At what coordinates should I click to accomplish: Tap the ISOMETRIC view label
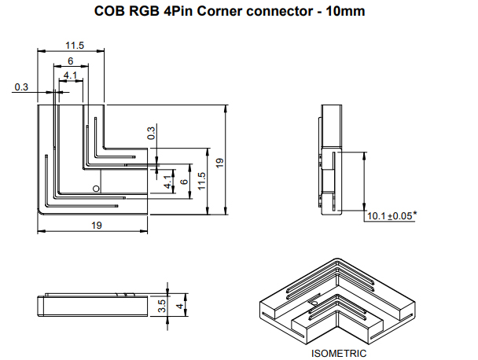point(338,353)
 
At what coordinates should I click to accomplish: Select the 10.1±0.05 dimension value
point(390,215)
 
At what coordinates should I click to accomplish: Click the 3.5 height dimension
point(161,306)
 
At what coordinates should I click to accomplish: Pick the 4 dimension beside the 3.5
point(180,306)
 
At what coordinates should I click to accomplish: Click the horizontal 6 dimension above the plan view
point(71,61)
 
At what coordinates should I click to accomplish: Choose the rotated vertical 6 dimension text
point(184,182)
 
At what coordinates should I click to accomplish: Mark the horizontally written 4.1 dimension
point(71,75)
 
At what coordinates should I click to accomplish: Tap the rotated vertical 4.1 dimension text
point(167,182)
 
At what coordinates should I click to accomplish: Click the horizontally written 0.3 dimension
point(20,87)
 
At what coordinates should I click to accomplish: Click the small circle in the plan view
point(95,189)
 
